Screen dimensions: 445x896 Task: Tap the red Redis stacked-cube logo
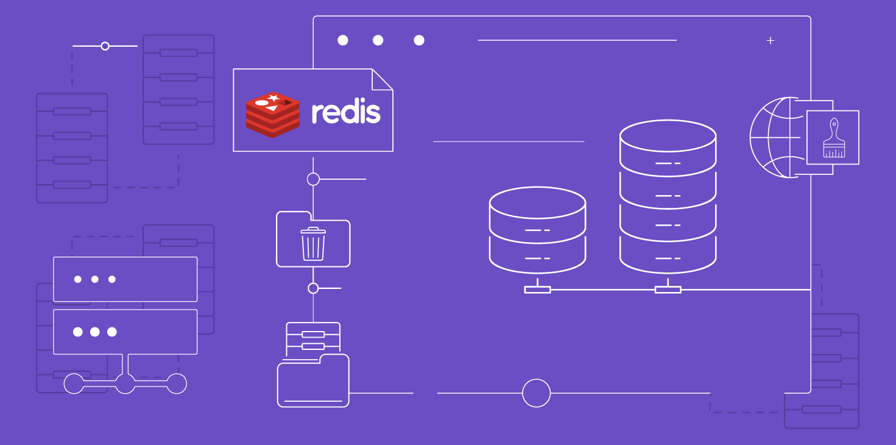click(272, 115)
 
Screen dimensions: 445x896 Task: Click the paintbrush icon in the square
click(833, 139)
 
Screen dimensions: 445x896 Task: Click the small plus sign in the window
click(771, 41)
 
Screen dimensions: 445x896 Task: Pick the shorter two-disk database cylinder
click(537, 230)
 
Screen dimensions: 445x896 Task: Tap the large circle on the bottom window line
click(536, 393)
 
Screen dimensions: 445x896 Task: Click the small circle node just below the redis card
click(313, 179)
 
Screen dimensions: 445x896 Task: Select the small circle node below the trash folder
click(313, 288)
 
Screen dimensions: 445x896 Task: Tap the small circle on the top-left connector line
click(105, 46)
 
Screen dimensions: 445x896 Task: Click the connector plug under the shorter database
click(537, 290)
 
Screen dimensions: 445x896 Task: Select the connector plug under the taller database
click(668, 290)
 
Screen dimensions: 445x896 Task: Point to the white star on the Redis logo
click(273, 98)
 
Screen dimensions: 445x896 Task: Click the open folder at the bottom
click(313, 381)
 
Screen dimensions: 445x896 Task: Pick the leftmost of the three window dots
click(343, 40)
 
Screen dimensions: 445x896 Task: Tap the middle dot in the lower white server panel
click(95, 332)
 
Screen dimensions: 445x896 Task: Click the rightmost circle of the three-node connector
click(177, 383)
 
